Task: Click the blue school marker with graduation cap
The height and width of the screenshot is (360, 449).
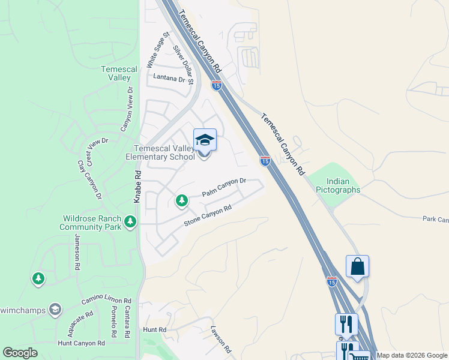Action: click(205, 140)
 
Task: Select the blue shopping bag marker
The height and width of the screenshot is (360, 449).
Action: click(357, 266)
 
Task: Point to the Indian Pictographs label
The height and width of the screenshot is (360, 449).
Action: click(343, 185)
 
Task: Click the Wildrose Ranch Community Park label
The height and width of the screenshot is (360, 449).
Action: click(90, 223)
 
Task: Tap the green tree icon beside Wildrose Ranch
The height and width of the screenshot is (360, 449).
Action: click(130, 223)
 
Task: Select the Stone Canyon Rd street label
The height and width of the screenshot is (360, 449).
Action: click(208, 217)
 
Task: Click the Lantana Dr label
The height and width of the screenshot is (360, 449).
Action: click(169, 78)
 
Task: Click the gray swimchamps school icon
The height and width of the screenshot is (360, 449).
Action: click(55, 309)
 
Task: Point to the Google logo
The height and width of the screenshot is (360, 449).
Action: click(20, 353)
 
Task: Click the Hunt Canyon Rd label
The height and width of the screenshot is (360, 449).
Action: click(82, 343)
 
